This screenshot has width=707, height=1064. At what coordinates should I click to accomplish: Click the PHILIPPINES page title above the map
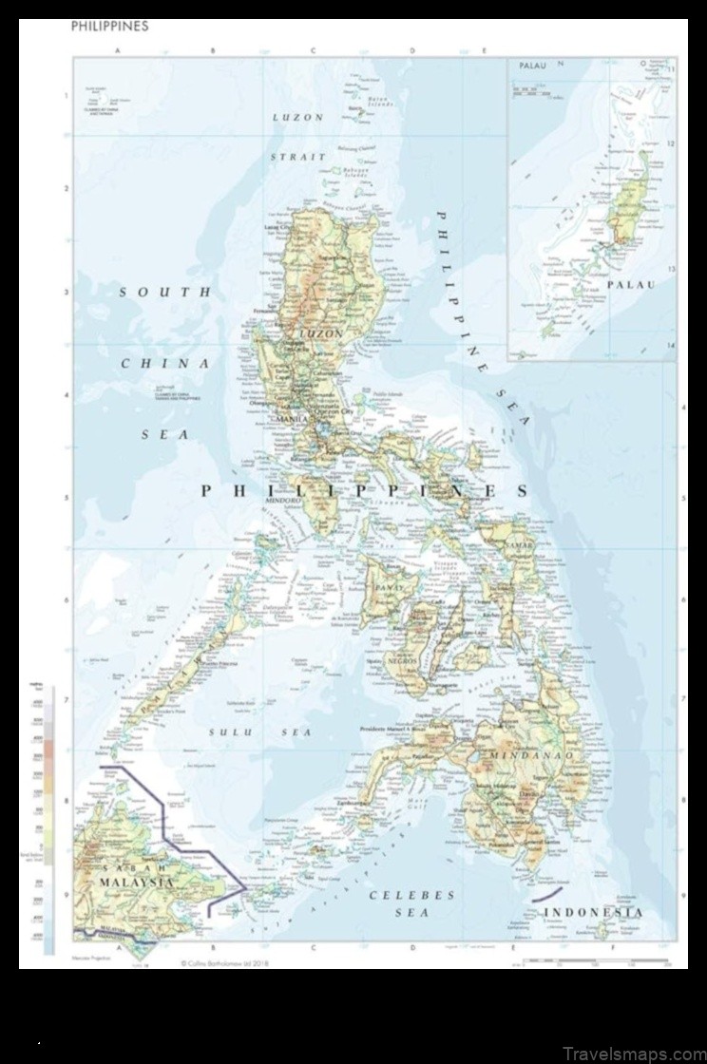pyautogui.click(x=109, y=27)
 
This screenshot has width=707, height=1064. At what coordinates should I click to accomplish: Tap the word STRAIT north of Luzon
pyautogui.click(x=297, y=156)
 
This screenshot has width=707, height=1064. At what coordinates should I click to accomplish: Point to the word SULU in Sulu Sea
pyautogui.click(x=227, y=732)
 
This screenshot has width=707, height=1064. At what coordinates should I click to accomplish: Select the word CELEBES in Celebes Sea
pyautogui.click(x=411, y=895)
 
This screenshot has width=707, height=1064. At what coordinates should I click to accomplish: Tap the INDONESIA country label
pyautogui.click(x=593, y=913)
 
